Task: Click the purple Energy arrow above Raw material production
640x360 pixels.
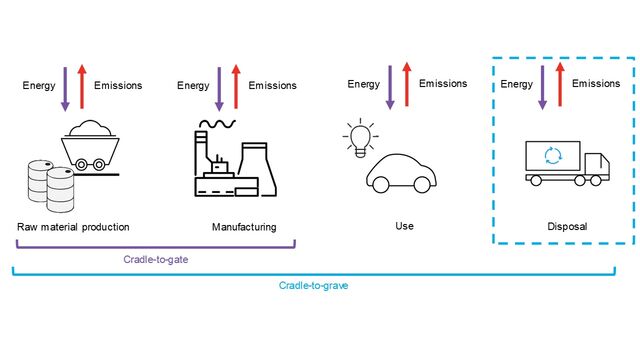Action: click(x=64, y=86)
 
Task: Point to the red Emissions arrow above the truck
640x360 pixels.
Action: click(x=560, y=84)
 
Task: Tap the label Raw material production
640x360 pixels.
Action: click(x=73, y=227)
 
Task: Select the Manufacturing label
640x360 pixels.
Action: click(x=244, y=227)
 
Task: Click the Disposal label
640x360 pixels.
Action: click(x=567, y=227)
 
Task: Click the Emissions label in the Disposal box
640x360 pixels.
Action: click(x=596, y=84)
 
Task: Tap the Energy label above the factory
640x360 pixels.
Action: click(x=193, y=86)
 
